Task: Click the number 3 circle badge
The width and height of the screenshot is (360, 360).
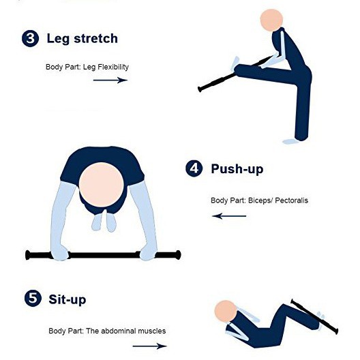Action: click(x=30, y=38)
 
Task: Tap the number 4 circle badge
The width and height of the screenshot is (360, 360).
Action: click(x=194, y=168)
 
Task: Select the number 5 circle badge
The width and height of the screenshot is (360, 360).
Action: click(x=33, y=298)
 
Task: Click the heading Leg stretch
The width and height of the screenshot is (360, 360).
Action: click(x=82, y=39)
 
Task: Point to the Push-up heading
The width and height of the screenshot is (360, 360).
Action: click(x=237, y=169)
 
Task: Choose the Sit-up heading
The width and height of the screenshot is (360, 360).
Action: click(x=67, y=299)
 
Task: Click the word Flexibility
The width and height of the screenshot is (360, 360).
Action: click(x=113, y=67)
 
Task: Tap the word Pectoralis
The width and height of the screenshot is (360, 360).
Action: click(x=291, y=200)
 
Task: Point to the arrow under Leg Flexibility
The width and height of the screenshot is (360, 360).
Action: click(x=110, y=80)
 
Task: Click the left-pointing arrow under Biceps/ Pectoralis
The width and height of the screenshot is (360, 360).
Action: click(x=229, y=216)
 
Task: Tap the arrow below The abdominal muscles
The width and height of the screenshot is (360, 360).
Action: click(x=150, y=346)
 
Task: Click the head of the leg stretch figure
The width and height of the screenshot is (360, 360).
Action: click(x=271, y=20)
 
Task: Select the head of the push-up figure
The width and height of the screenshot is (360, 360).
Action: click(x=101, y=185)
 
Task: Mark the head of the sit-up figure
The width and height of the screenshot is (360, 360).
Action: click(x=226, y=312)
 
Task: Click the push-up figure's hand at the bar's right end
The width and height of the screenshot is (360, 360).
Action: click(x=148, y=252)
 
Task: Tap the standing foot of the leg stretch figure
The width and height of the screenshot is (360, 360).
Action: click(x=290, y=141)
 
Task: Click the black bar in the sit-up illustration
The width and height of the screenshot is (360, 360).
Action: click(x=314, y=316)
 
